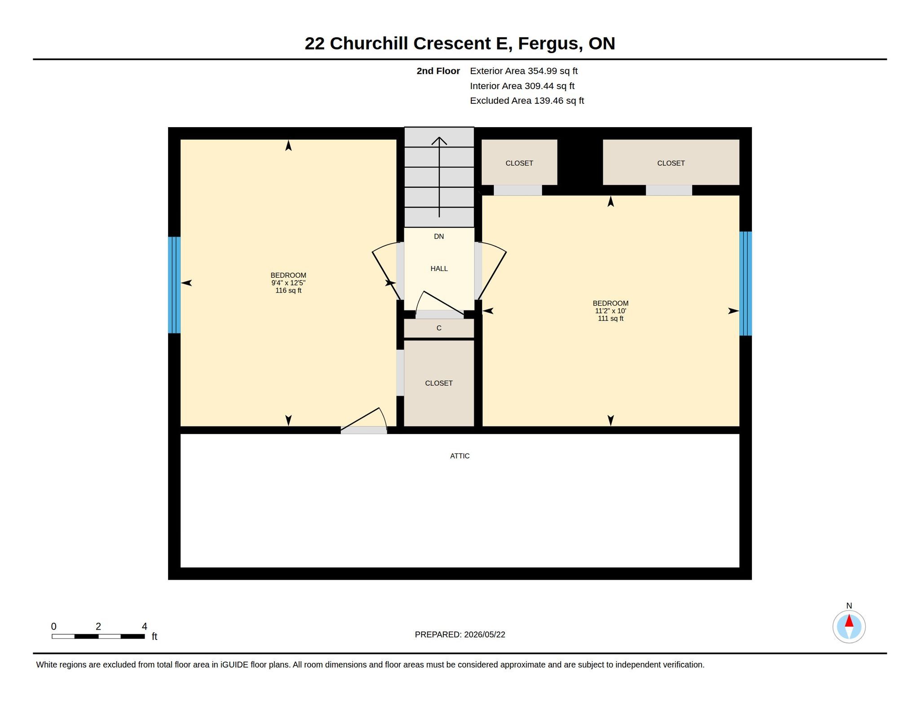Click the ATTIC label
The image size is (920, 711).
point(460,456)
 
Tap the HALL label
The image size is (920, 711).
point(439,268)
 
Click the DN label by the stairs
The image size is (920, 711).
point(439,236)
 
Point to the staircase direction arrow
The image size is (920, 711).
point(439,177)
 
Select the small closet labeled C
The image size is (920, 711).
point(439,328)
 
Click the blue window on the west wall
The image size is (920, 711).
point(174,285)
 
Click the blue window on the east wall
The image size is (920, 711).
point(746,284)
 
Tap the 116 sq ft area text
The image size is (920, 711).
point(288,291)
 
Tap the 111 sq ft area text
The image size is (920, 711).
point(610,319)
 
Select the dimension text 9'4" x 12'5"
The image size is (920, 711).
point(288,283)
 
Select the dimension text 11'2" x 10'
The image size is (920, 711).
point(610,311)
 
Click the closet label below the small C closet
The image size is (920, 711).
point(439,383)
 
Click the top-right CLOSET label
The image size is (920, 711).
point(671,163)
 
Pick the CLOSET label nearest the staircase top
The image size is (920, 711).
point(519,163)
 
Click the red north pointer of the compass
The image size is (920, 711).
point(849,621)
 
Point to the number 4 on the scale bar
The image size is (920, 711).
point(144,627)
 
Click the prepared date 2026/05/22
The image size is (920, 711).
point(485,635)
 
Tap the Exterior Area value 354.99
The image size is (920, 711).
point(542,71)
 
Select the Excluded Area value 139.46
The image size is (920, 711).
point(548,101)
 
